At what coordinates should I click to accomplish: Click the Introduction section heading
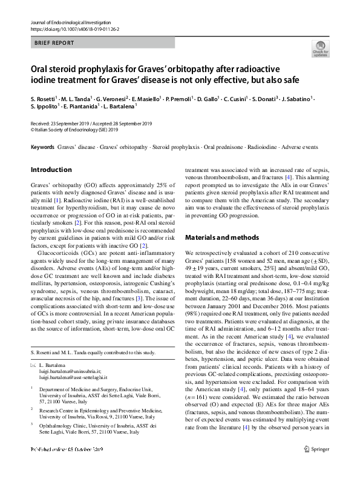(x=51, y=170)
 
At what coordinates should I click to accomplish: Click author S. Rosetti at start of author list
(x=44, y=99)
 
